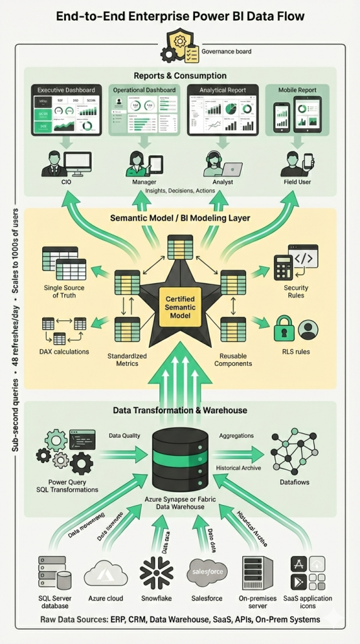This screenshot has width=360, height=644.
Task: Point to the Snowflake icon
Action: pyautogui.click(x=155, y=572)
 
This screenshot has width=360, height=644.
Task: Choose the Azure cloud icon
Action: pyautogui.click(x=106, y=573)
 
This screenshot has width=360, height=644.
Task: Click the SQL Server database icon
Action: pyautogui.click(x=53, y=572)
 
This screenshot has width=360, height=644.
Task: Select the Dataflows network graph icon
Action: pyautogui.click(x=294, y=452)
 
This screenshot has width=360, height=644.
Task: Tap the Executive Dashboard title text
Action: pyautogui.click(x=66, y=91)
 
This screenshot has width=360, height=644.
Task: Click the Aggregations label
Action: pyautogui.click(x=236, y=435)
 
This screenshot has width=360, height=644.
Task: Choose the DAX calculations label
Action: pyautogui.click(x=65, y=352)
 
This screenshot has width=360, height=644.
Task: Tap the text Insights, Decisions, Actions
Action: pyautogui.click(x=179, y=191)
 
